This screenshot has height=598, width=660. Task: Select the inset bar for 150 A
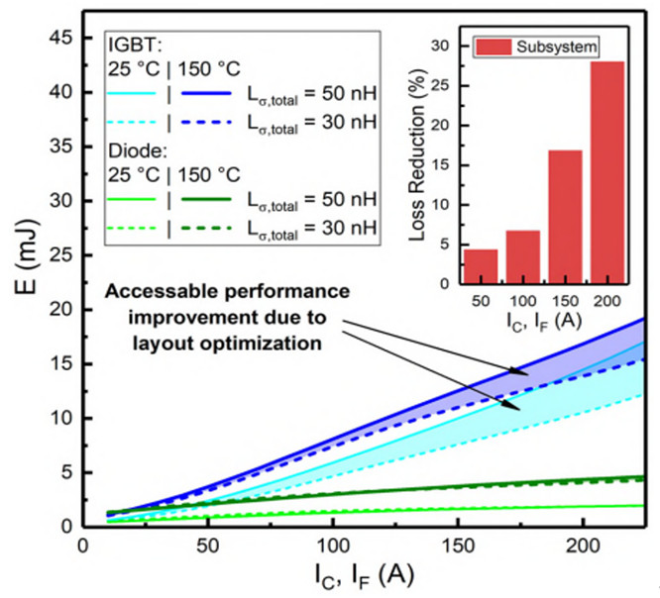(565, 218)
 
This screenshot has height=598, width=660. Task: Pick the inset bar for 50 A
(481, 266)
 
